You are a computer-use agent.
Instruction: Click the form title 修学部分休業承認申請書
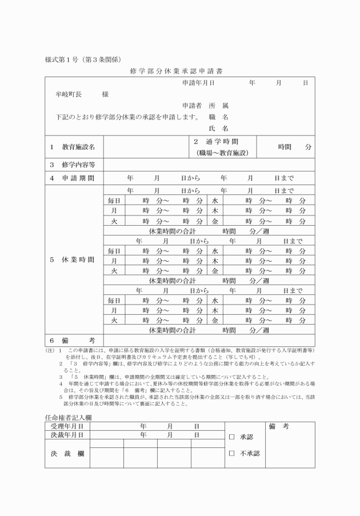pyautogui.click(x=180, y=73)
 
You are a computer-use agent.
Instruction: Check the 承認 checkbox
pyautogui.click(x=231, y=437)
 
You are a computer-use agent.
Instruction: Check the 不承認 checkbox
pyautogui.click(x=231, y=454)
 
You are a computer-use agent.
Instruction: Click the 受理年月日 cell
pyautogui.click(x=67, y=426)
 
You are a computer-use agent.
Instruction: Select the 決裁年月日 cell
pyautogui.click(x=67, y=435)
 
